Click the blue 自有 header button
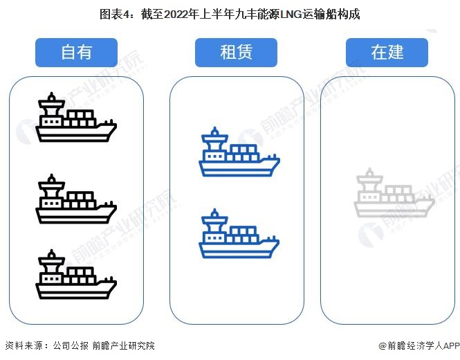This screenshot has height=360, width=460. tap(76, 53)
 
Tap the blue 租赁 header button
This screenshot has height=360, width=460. tap(236, 53)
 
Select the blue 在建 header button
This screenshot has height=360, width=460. tap(387, 53)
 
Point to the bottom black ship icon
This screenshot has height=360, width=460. tap(76, 276)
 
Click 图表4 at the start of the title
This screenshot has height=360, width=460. tap(114, 14)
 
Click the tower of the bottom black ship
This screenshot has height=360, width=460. tap(50, 264)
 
